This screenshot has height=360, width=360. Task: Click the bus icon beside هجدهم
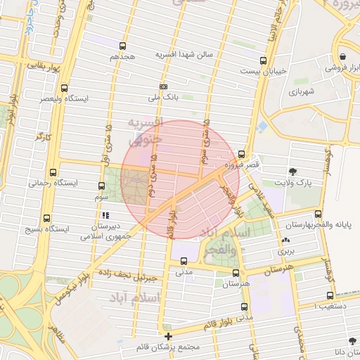(123, 46)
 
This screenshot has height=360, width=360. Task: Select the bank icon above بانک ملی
(163, 87)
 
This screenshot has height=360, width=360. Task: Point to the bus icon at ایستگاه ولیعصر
(65, 89)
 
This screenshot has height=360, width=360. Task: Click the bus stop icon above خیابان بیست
(263, 60)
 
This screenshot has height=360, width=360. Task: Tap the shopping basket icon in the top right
(342, 56)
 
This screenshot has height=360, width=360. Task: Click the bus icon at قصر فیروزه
(242, 154)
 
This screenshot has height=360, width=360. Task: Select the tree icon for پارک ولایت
(292, 172)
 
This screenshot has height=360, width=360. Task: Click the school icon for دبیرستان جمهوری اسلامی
(105, 215)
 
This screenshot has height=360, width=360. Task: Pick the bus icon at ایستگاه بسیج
(46, 218)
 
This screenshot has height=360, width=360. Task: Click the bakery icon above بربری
(285, 240)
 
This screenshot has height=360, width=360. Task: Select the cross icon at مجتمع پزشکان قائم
(168, 336)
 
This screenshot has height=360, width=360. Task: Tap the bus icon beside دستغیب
(330, 296)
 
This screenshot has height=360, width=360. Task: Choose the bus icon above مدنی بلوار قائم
(244, 307)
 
